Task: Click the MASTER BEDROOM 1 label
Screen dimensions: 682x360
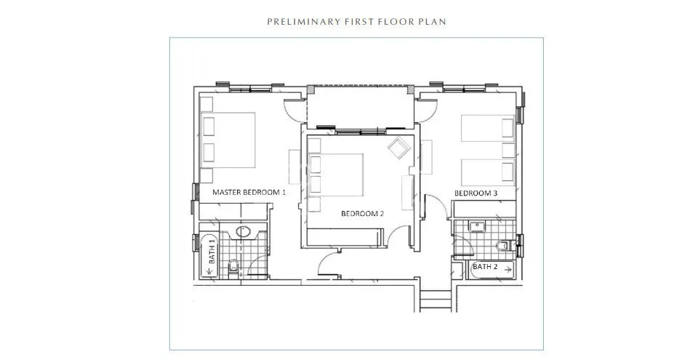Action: point(249,192)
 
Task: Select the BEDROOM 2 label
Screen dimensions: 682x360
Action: point(362,214)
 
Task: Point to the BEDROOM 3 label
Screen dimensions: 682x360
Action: point(476,193)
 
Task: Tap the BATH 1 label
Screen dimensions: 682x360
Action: point(212,251)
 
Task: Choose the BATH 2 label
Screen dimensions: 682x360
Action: point(485,266)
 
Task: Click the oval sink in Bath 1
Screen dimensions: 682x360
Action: point(243,231)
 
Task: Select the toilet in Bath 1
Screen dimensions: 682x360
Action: point(233,266)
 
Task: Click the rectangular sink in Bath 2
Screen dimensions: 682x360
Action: point(477,226)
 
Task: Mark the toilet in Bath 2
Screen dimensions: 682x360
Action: point(502,246)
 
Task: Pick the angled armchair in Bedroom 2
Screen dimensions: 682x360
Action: point(399,148)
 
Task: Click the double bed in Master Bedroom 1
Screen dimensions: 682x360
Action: point(228,140)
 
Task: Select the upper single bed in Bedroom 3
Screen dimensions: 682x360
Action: point(488,128)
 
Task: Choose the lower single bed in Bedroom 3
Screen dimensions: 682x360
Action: point(488,172)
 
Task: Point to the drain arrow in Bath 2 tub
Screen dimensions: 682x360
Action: point(508,270)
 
